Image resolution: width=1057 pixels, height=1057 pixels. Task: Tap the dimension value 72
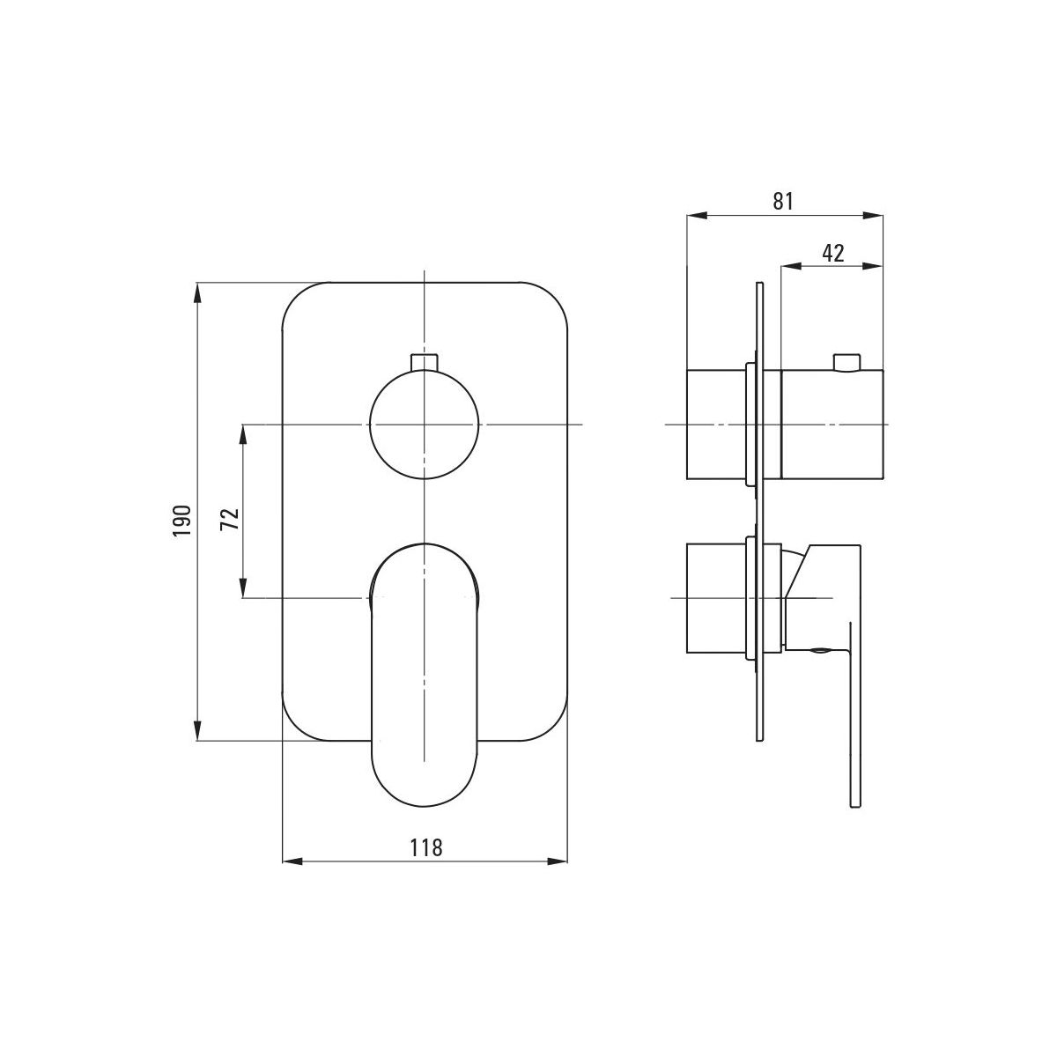click(231, 519)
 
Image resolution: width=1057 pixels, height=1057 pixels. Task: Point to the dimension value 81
click(783, 202)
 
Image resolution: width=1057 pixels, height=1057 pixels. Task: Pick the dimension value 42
click(833, 254)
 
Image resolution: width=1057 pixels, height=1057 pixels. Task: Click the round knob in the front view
click(425, 424)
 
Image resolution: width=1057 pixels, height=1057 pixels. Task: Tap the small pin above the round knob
click(424, 362)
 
